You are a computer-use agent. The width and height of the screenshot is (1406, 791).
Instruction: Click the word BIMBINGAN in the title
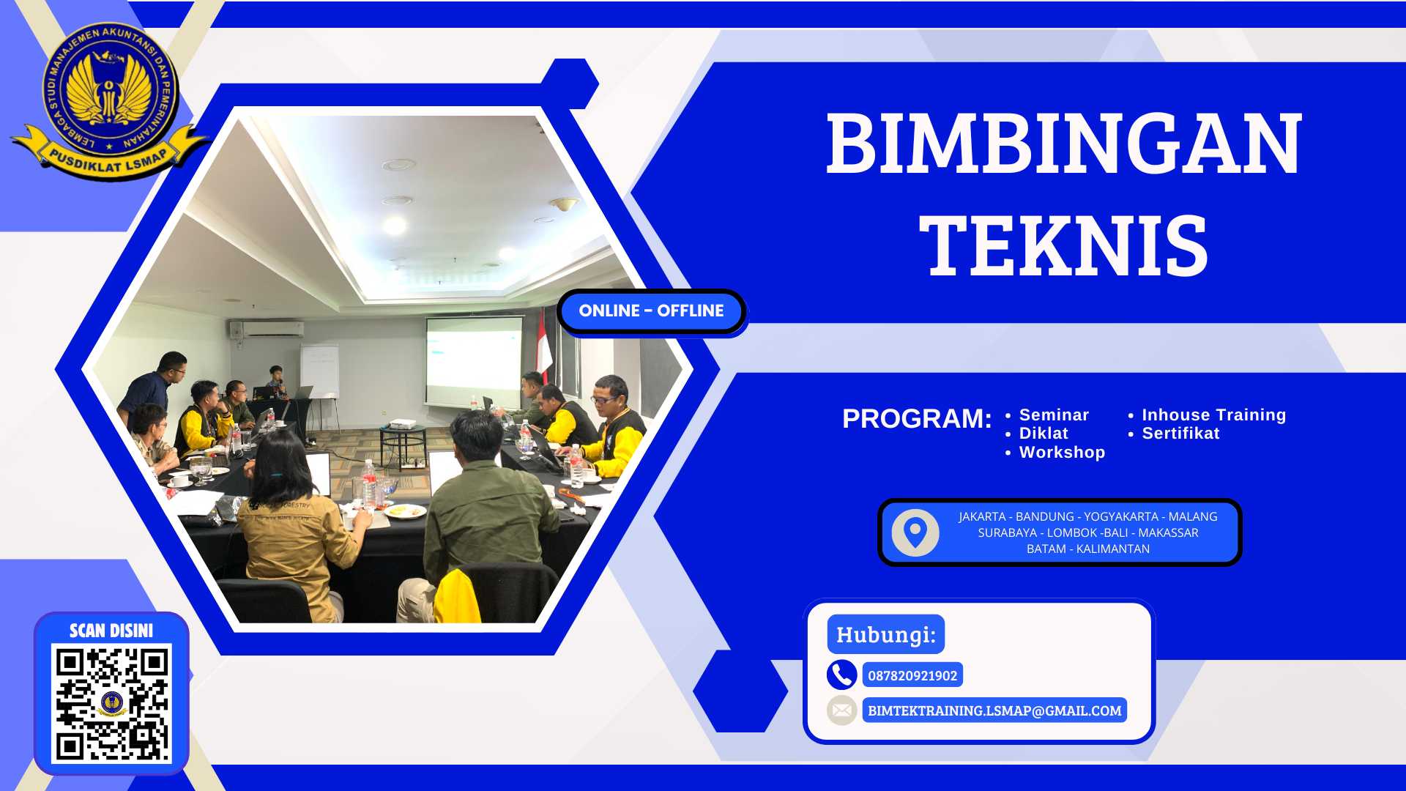pos(1063,144)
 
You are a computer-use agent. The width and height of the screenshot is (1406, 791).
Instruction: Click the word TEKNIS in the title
pos(1063,246)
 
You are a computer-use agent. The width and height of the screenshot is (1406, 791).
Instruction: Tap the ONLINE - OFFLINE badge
pos(651,311)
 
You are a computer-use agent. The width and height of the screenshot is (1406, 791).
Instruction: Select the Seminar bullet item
pos(1054,415)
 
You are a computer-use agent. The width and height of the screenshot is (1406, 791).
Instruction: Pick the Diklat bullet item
pos(1044,434)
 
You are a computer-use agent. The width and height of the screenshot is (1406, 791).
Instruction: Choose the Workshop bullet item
pos(1062,453)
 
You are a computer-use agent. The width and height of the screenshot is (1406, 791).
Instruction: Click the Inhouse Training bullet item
pos(1213,415)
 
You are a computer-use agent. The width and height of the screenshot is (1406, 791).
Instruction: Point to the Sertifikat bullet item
pos(1180,434)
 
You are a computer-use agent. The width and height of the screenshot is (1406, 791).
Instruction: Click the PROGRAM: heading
pos(917,419)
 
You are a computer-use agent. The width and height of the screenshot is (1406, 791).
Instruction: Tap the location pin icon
pos(915,532)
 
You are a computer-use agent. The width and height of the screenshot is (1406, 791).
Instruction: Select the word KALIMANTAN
pos(1113,549)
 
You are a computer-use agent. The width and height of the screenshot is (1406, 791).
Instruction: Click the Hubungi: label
pos(885,634)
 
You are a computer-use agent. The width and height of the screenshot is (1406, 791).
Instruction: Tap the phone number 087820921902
pos(912,676)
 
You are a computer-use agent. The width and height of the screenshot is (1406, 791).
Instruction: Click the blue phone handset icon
pos(842,675)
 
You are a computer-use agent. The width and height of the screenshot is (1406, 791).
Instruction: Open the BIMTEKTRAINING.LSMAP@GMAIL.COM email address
pos(994,710)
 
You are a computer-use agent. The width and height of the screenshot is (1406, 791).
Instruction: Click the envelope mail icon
pos(842,710)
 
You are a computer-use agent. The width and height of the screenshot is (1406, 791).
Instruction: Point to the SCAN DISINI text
pos(111,631)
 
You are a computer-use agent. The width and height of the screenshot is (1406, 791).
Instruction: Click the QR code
pos(111,703)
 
